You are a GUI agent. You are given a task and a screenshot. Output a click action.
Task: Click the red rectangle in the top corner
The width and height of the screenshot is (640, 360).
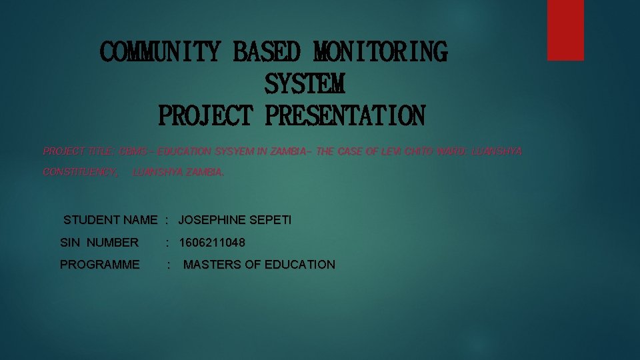[565, 30]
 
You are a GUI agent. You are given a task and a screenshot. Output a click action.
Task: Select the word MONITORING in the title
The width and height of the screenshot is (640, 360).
[381, 52]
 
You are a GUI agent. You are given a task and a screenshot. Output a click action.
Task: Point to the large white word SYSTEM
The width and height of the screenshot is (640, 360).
[305, 85]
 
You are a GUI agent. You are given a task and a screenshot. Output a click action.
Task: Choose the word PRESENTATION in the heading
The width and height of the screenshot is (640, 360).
[345, 116]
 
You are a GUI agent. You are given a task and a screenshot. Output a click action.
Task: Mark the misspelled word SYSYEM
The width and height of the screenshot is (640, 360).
[233, 151]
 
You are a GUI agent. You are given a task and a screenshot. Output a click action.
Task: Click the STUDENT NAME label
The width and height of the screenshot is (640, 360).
[110, 220]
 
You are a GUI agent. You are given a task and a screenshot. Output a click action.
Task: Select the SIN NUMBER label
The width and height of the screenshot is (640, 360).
[99, 243]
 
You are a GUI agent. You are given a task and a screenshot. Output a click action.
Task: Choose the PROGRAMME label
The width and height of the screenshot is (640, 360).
[100, 265]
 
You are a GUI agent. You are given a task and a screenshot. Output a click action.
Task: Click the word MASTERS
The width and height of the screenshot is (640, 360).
[212, 265]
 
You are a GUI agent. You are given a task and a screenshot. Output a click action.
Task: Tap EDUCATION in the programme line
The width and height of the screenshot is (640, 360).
[300, 265]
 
